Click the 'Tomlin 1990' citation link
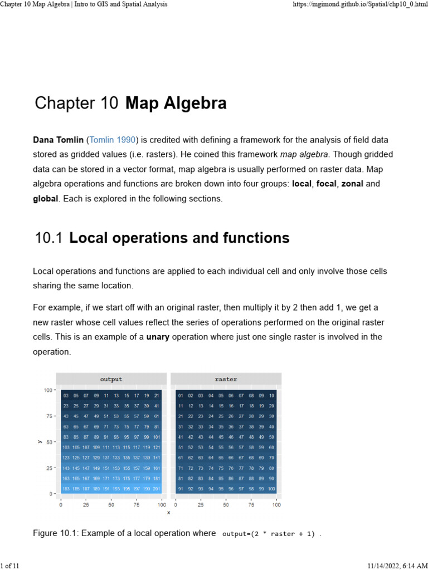(112, 140)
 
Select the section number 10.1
(48, 238)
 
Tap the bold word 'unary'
(158, 337)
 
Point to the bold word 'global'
(46, 198)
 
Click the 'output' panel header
(111, 379)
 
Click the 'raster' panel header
(226, 379)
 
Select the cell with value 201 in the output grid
(157, 489)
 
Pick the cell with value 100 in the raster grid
(271, 489)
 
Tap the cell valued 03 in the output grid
(66, 396)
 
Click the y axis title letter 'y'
(39, 442)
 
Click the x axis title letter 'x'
(168, 513)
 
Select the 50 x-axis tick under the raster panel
(226, 504)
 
